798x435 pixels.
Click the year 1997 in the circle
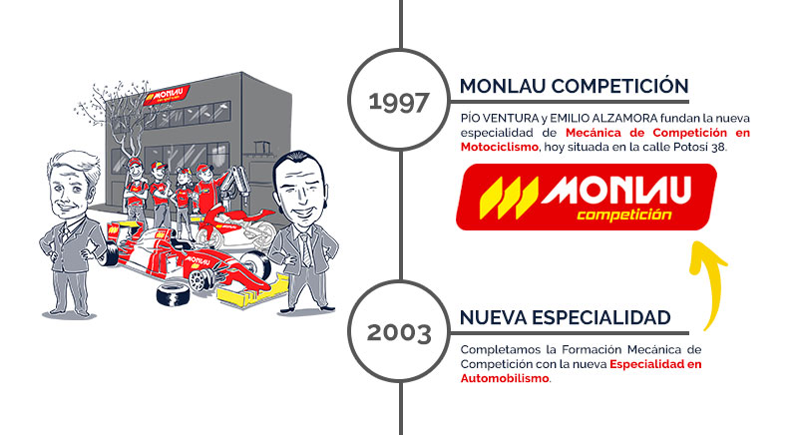399,102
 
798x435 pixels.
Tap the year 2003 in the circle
399,333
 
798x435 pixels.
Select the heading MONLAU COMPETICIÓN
575,86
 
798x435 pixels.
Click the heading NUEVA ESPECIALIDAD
566,317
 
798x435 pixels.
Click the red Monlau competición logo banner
587,197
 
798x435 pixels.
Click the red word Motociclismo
500,147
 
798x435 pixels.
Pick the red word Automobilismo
505,378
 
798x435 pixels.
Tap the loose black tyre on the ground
173,295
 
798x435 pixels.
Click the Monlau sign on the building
167,95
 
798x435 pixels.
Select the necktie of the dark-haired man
306,248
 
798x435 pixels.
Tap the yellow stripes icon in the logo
509,198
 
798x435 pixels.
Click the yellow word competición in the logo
624,215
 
